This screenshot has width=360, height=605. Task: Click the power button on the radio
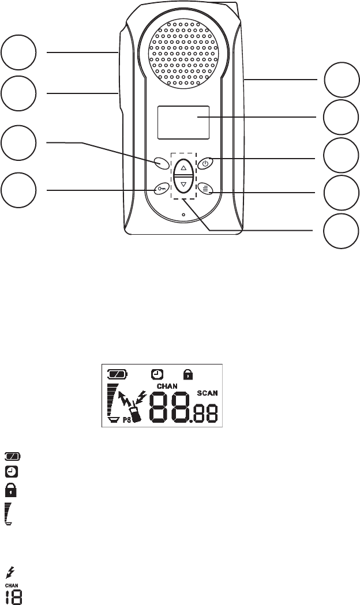[205, 164]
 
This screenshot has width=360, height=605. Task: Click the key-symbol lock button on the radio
[162, 189]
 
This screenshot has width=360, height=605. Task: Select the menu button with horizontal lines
[205, 189]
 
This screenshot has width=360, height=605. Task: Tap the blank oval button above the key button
[162, 164]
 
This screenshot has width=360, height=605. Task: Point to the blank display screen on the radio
[183, 122]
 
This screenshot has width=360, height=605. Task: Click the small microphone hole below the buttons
[183, 215]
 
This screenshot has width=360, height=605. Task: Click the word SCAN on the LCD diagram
[207, 393]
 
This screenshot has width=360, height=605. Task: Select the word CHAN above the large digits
[167, 386]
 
